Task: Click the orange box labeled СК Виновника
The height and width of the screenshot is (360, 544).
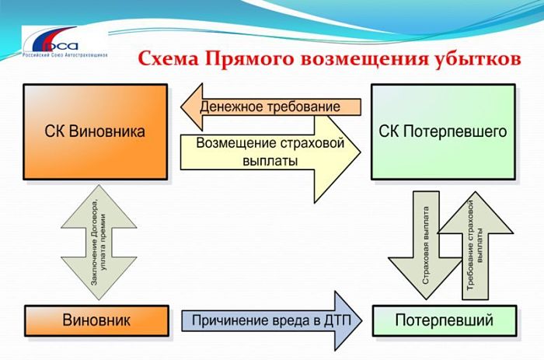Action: coord(95,131)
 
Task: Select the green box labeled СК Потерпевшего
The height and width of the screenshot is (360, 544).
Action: coord(443,131)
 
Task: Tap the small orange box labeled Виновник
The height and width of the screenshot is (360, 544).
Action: coord(96,320)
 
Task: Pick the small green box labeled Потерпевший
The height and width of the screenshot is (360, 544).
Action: coord(444,320)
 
